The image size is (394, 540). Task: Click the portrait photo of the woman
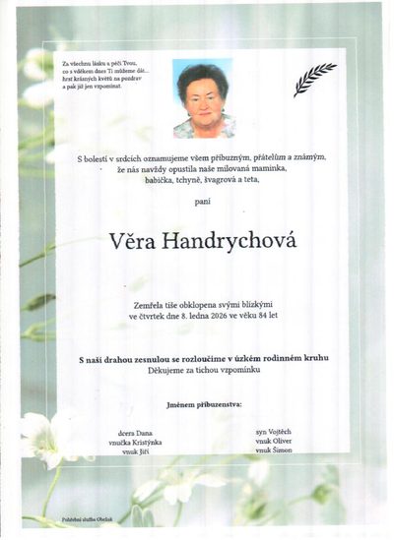click(x=203, y=98)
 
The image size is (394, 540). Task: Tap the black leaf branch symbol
click(x=314, y=79)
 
